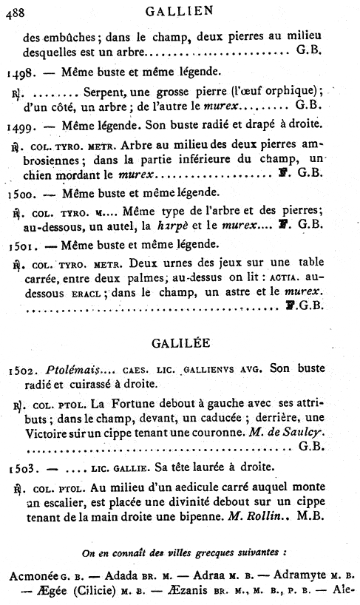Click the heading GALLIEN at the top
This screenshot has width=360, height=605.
180,10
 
